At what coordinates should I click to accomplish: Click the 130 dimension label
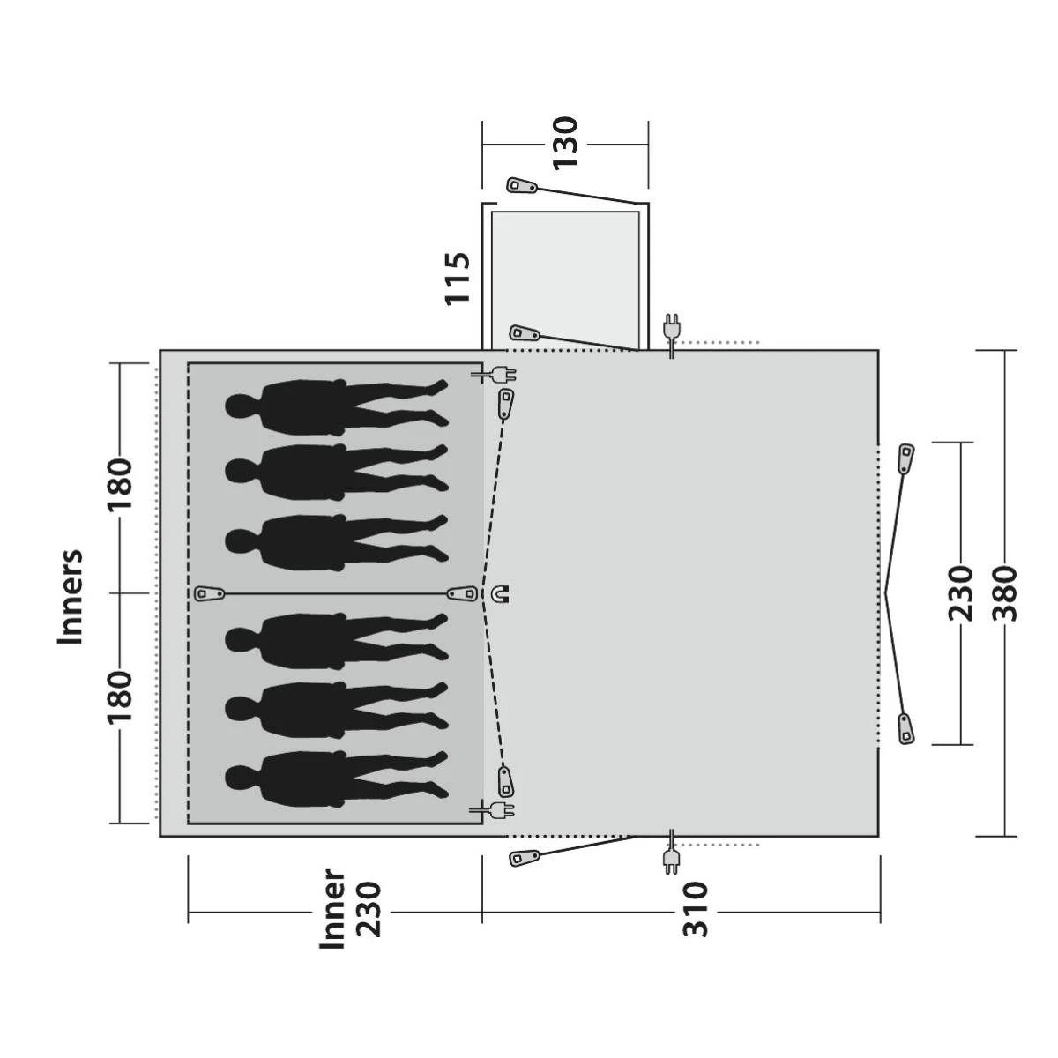pos(565,144)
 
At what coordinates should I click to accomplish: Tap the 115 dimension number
pos(458,279)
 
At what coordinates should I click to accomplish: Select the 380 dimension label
pos(1006,593)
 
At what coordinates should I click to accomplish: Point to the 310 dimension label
pos(696,909)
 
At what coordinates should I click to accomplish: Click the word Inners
pos(70,597)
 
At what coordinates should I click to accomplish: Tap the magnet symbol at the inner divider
pos(503,593)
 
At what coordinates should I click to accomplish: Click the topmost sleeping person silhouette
pos(337,404)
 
